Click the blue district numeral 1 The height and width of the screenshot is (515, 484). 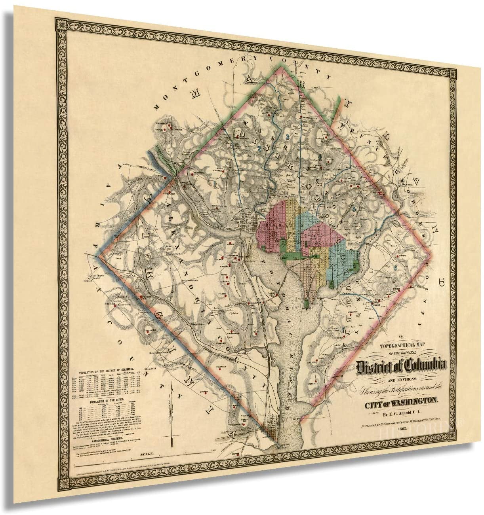click(214, 183)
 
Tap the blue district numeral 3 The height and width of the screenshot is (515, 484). click(286, 137)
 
